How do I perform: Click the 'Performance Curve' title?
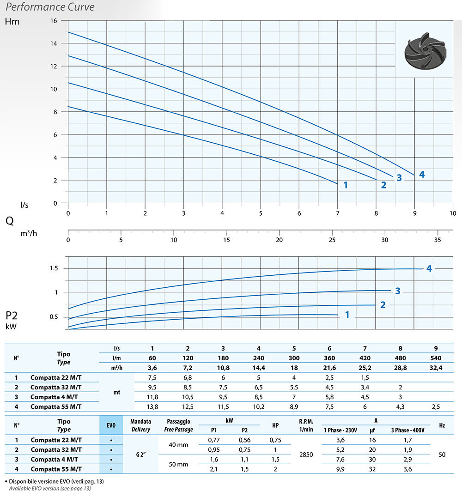(x=50, y=7)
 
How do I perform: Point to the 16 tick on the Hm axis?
(x=54, y=21)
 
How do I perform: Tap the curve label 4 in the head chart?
(x=421, y=175)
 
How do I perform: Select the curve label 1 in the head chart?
(x=345, y=185)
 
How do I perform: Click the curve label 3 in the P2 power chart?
(x=397, y=291)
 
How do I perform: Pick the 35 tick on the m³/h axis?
(x=438, y=240)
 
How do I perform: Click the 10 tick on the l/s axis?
(x=453, y=213)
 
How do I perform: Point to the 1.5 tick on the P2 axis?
(x=54, y=269)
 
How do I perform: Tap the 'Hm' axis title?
(x=12, y=21)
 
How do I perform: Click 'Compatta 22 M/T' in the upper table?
(x=56, y=377)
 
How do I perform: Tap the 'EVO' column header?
(x=111, y=425)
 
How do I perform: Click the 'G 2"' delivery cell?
(x=140, y=455)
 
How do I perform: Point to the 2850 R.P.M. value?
(x=306, y=455)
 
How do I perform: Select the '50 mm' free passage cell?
(x=178, y=464)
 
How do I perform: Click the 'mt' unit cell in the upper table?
(x=117, y=392)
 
